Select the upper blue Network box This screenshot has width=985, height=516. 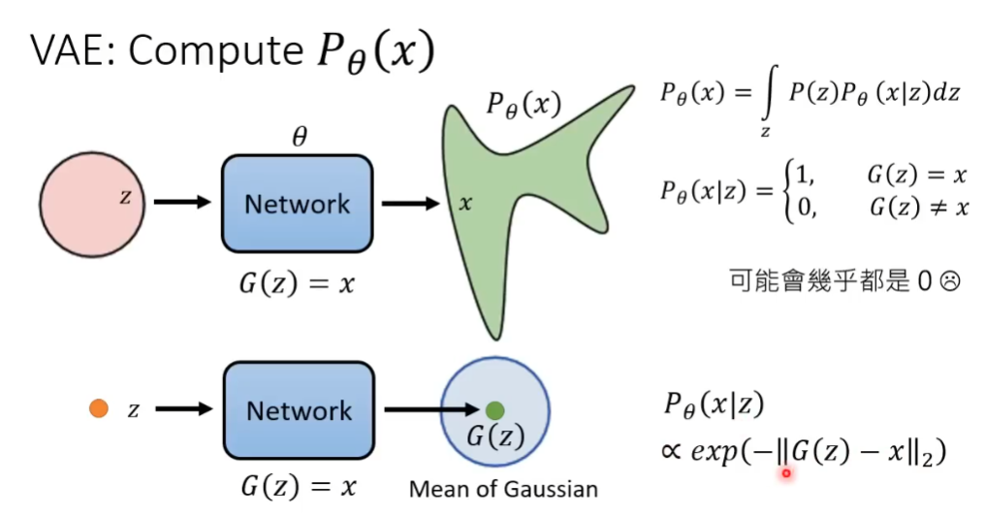pos(298,204)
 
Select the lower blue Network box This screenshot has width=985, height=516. pos(298,409)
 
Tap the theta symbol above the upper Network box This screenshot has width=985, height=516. pos(300,137)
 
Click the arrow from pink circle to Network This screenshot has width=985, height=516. pos(183,202)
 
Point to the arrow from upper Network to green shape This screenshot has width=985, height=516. pos(411,205)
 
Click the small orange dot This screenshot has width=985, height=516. pos(98,408)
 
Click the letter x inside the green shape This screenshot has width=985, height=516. pos(465,204)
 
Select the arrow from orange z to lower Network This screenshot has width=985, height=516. pos(183,408)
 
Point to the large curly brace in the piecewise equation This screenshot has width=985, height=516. pos(785,190)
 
